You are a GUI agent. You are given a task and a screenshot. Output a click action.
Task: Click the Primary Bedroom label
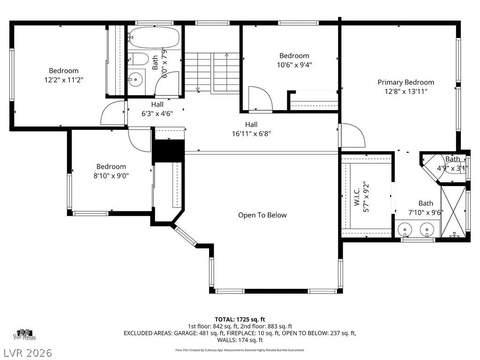[405, 82]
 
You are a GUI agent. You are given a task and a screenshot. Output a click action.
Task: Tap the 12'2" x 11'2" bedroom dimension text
[64, 80]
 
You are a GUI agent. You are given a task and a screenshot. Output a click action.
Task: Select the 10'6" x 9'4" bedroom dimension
[294, 65]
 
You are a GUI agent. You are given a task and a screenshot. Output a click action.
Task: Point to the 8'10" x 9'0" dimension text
[111, 176]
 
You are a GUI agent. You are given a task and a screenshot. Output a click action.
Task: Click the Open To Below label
[262, 215]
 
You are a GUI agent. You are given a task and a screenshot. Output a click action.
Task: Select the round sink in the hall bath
[136, 80]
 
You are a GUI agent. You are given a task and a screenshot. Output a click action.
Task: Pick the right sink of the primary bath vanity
[426, 230]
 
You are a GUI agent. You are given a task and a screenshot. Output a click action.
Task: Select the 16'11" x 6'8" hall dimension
[251, 133]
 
